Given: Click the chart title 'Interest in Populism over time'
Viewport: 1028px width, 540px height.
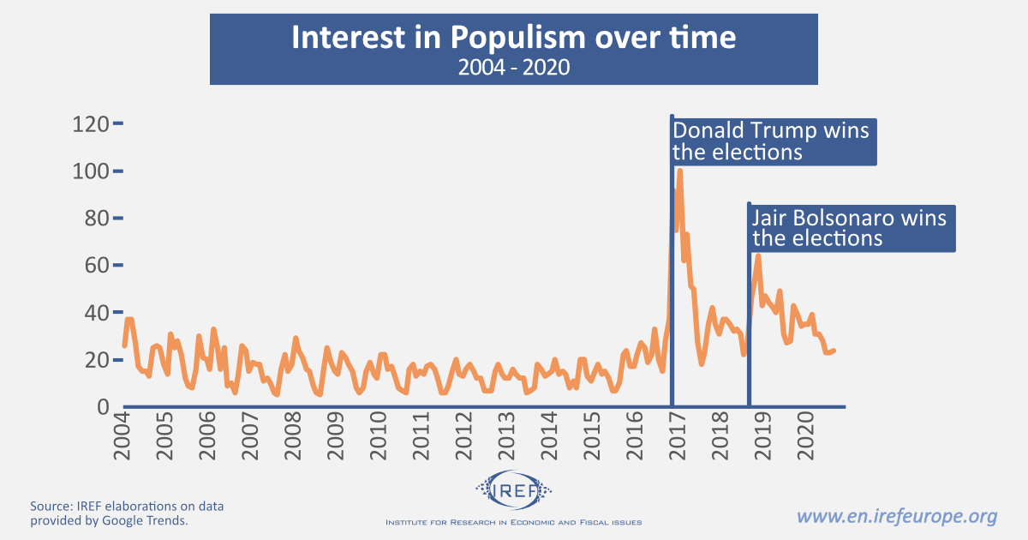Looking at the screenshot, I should tap(513, 39).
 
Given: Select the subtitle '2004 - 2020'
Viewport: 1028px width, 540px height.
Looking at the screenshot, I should tap(513, 67).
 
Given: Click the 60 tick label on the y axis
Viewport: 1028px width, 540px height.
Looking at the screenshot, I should tap(93, 266).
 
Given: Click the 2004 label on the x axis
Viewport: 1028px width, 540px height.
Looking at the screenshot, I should tap(121, 436).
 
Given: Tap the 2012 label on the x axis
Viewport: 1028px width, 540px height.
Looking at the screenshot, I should tap(463, 436).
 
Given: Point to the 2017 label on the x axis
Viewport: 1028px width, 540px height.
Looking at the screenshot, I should tap(677, 436).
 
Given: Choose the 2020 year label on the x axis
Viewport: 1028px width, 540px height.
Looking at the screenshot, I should tap(805, 436).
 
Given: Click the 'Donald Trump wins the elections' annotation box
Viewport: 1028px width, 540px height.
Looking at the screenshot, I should tap(773, 141).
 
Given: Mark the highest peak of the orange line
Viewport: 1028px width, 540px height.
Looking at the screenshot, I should tap(679, 171).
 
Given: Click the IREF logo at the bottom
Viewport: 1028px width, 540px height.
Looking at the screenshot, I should tap(513, 490).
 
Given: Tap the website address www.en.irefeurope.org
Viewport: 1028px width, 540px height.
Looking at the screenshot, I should tap(897, 516).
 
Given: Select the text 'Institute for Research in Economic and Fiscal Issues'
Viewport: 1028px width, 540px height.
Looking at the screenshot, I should tap(513, 522).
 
